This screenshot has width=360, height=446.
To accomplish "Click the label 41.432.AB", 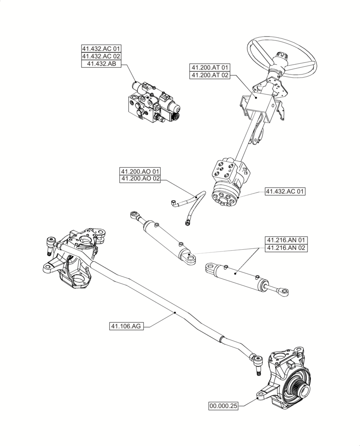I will tap(102, 64).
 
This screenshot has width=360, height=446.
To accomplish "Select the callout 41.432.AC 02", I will tap(101, 57).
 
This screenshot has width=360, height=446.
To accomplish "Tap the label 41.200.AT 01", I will tap(210, 67).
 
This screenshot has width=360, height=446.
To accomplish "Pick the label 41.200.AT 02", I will tap(210, 75).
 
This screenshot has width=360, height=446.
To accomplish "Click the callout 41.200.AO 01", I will tap(140, 171).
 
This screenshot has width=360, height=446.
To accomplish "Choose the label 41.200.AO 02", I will tap(140, 179).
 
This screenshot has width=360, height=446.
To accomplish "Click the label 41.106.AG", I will tap(126, 326).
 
